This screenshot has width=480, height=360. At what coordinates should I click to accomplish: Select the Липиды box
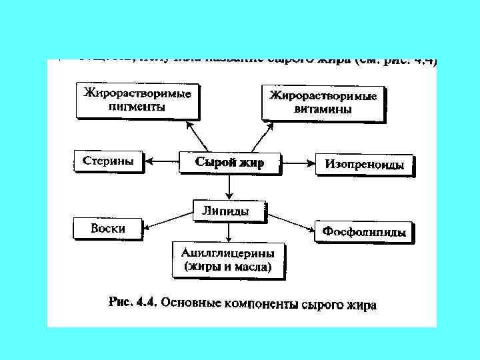point(229,211)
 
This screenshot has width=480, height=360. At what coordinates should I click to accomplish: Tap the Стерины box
point(108,161)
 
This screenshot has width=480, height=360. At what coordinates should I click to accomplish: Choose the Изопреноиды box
point(364,164)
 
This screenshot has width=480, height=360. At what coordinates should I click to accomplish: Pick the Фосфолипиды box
point(364,232)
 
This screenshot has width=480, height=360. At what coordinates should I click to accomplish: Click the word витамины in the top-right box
point(323,109)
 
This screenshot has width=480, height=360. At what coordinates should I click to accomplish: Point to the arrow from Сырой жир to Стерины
point(162,161)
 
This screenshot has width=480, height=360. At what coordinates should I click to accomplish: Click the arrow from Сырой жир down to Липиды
point(229,186)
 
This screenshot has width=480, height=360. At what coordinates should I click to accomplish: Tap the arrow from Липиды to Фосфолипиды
point(291,222)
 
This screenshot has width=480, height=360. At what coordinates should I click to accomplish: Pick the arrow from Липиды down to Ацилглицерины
point(229,231)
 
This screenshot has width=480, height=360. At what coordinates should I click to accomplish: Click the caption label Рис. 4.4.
point(132,301)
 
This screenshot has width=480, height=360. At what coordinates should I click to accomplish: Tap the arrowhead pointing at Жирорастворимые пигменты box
point(191,125)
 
